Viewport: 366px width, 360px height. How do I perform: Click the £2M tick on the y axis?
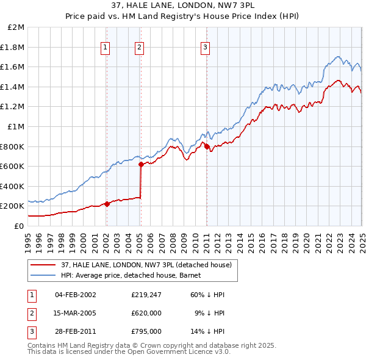pyautogui.click(x=16, y=27)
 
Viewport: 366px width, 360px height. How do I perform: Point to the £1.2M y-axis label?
pyautogui.click(x=13, y=107)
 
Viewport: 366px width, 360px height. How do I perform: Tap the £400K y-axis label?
pyautogui.click(x=13, y=186)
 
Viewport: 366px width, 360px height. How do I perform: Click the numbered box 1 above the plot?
pyautogui.click(x=106, y=47)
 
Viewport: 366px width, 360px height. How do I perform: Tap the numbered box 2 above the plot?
pyautogui.click(x=140, y=47)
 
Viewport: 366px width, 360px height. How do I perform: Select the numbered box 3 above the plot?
pyautogui.click(x=206, y=47)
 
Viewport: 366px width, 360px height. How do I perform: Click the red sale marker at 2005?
pyautogui.click(x=141, y=164)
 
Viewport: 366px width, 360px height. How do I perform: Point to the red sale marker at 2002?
pyautogui.click(x=107, y=204)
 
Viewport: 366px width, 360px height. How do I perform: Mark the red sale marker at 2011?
pyautogui.click(x=207, y=146)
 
